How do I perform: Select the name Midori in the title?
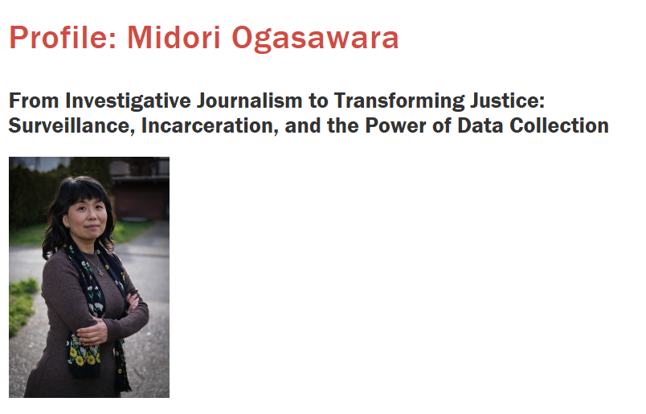click(174, 38)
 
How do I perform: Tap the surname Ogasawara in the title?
click(315, 39)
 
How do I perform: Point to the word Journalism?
click(249, 100)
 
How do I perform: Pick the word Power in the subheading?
click(395, 125)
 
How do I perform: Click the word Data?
click(480, 125)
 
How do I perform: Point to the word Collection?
click(559, 125)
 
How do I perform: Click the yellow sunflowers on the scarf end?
click(83, 356)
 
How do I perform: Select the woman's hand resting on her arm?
click(92, 332)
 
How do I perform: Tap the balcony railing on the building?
click(139, 168)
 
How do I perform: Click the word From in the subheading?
click(34, 100)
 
